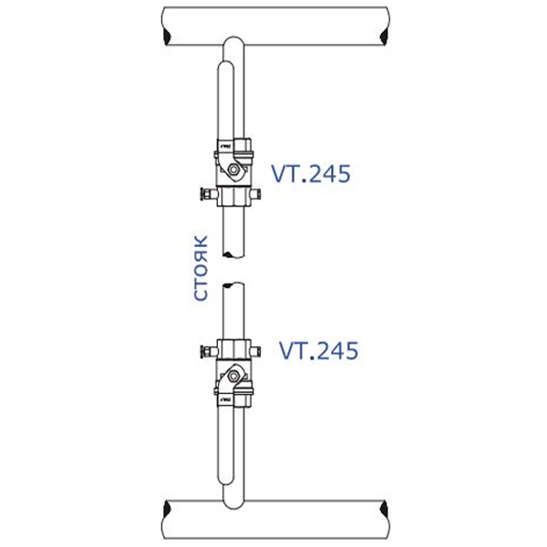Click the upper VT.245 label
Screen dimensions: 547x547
pyautogui.click(x=310, y=173)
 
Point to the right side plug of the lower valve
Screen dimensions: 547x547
pyautogui.click(x=261, y=351)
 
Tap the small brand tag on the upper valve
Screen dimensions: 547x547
pyautogui.click(x=224, y=145)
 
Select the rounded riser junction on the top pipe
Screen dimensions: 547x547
pyautogui.click(x=232, y=47)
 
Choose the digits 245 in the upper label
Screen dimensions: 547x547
pyautogui.click(x=328, y=173)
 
